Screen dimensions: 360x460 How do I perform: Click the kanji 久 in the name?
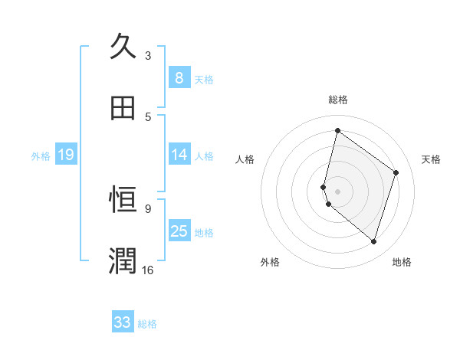pos(123,47)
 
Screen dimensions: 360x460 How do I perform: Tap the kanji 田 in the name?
pos(123,108)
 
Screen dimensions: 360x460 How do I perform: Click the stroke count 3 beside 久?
pos(148,55)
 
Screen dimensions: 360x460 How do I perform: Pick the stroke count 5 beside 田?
pos(148,116)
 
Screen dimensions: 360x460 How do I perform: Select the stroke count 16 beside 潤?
pos(148,270)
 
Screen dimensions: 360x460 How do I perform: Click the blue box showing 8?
pos(179,77)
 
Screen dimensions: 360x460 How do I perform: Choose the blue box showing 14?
pos(179,155)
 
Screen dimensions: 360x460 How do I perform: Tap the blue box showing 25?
pos(179,231)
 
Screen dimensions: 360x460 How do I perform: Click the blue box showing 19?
pos(66,155)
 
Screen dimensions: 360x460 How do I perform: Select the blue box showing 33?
pos(123,322)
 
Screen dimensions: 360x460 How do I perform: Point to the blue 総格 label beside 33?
pos(148,324)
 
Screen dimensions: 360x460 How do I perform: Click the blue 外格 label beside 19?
pos(41,156)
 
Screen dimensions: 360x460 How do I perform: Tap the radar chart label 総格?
pos(338,100)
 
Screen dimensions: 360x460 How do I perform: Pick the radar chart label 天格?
pos(431,159)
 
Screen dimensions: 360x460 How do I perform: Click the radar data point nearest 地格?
pos(373,242)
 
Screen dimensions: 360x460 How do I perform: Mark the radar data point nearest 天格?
pos(396,172)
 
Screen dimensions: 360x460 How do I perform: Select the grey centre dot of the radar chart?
pos(337,191)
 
